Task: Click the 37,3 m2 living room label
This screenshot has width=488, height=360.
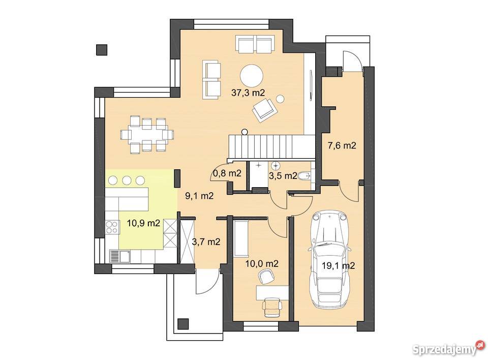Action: (248, 93)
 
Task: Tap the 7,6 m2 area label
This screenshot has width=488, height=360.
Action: (342, 145)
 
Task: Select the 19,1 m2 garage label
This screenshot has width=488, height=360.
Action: (339, 265)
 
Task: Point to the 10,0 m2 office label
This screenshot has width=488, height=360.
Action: (262, 264)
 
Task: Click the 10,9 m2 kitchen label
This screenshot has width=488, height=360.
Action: (143, 223)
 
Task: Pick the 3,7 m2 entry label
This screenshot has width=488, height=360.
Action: (206, 242)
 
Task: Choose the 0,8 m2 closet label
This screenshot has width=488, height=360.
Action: (227, 173)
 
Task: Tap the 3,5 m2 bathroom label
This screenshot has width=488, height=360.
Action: (283, 175)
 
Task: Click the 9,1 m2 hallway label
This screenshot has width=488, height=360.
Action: (199, 196)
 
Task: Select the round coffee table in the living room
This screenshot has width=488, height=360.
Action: (252, 76)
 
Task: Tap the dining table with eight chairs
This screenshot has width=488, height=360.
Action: (147, 135)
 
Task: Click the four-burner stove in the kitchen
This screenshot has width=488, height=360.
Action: (112, 227)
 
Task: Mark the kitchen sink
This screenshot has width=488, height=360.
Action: (120, 257)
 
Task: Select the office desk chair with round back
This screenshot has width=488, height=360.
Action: (265, 277)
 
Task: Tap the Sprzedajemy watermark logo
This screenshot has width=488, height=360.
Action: (448, 349)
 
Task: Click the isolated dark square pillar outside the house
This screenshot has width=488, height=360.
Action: (102, 50)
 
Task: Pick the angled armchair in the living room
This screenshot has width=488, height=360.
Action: (264, 110)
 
